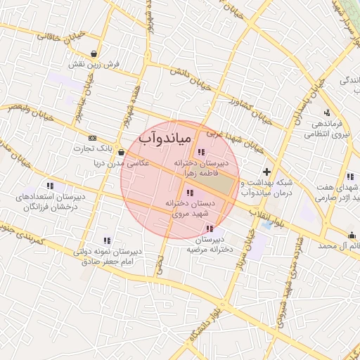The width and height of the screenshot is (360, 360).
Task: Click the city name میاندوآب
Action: coord(165,138)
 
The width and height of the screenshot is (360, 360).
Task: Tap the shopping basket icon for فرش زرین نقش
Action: coord(95,53)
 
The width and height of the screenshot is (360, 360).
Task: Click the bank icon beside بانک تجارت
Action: coord(93,138)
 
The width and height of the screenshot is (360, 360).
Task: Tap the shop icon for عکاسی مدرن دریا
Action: coord(122,152)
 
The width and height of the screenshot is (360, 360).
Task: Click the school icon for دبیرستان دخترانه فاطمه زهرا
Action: coord(201,152)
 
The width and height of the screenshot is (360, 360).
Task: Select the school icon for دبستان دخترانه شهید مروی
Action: coord(189,193)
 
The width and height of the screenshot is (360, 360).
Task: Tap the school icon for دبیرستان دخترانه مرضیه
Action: coord(209,228)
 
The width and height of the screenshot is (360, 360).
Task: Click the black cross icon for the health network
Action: coord(266,172)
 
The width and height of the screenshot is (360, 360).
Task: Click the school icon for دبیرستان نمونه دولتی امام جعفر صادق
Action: coord(107,240)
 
